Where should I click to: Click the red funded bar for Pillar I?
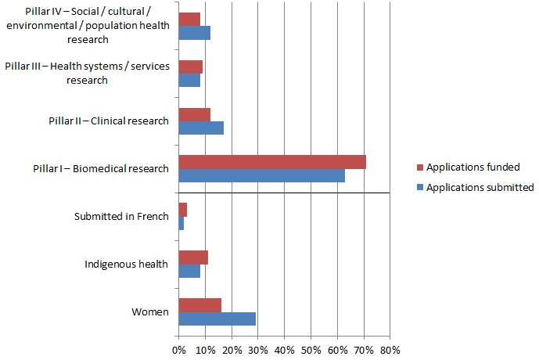(x=272, y=162)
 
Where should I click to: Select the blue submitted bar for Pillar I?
(x=261, y=175)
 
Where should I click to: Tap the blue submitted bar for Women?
(x=217, y=319)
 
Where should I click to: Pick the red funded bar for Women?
(x=199, y=305)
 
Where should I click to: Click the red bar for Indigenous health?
(x=193, y=257)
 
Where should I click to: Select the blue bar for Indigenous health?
(x=189, y=271)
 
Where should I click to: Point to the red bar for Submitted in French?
(x=182, y=210)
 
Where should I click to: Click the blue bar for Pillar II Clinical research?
(x=201, y=128)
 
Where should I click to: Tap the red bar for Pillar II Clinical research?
(x=194, y=114)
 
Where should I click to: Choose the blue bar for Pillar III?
(x=189, y=80)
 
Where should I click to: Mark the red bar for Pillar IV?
(x=189, y=20)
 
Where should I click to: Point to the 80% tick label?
(x=390, y=350)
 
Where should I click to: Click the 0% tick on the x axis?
(x=178, y=350)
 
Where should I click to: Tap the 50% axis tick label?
(x=311, y=350)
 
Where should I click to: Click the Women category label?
(x=149, y=312)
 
